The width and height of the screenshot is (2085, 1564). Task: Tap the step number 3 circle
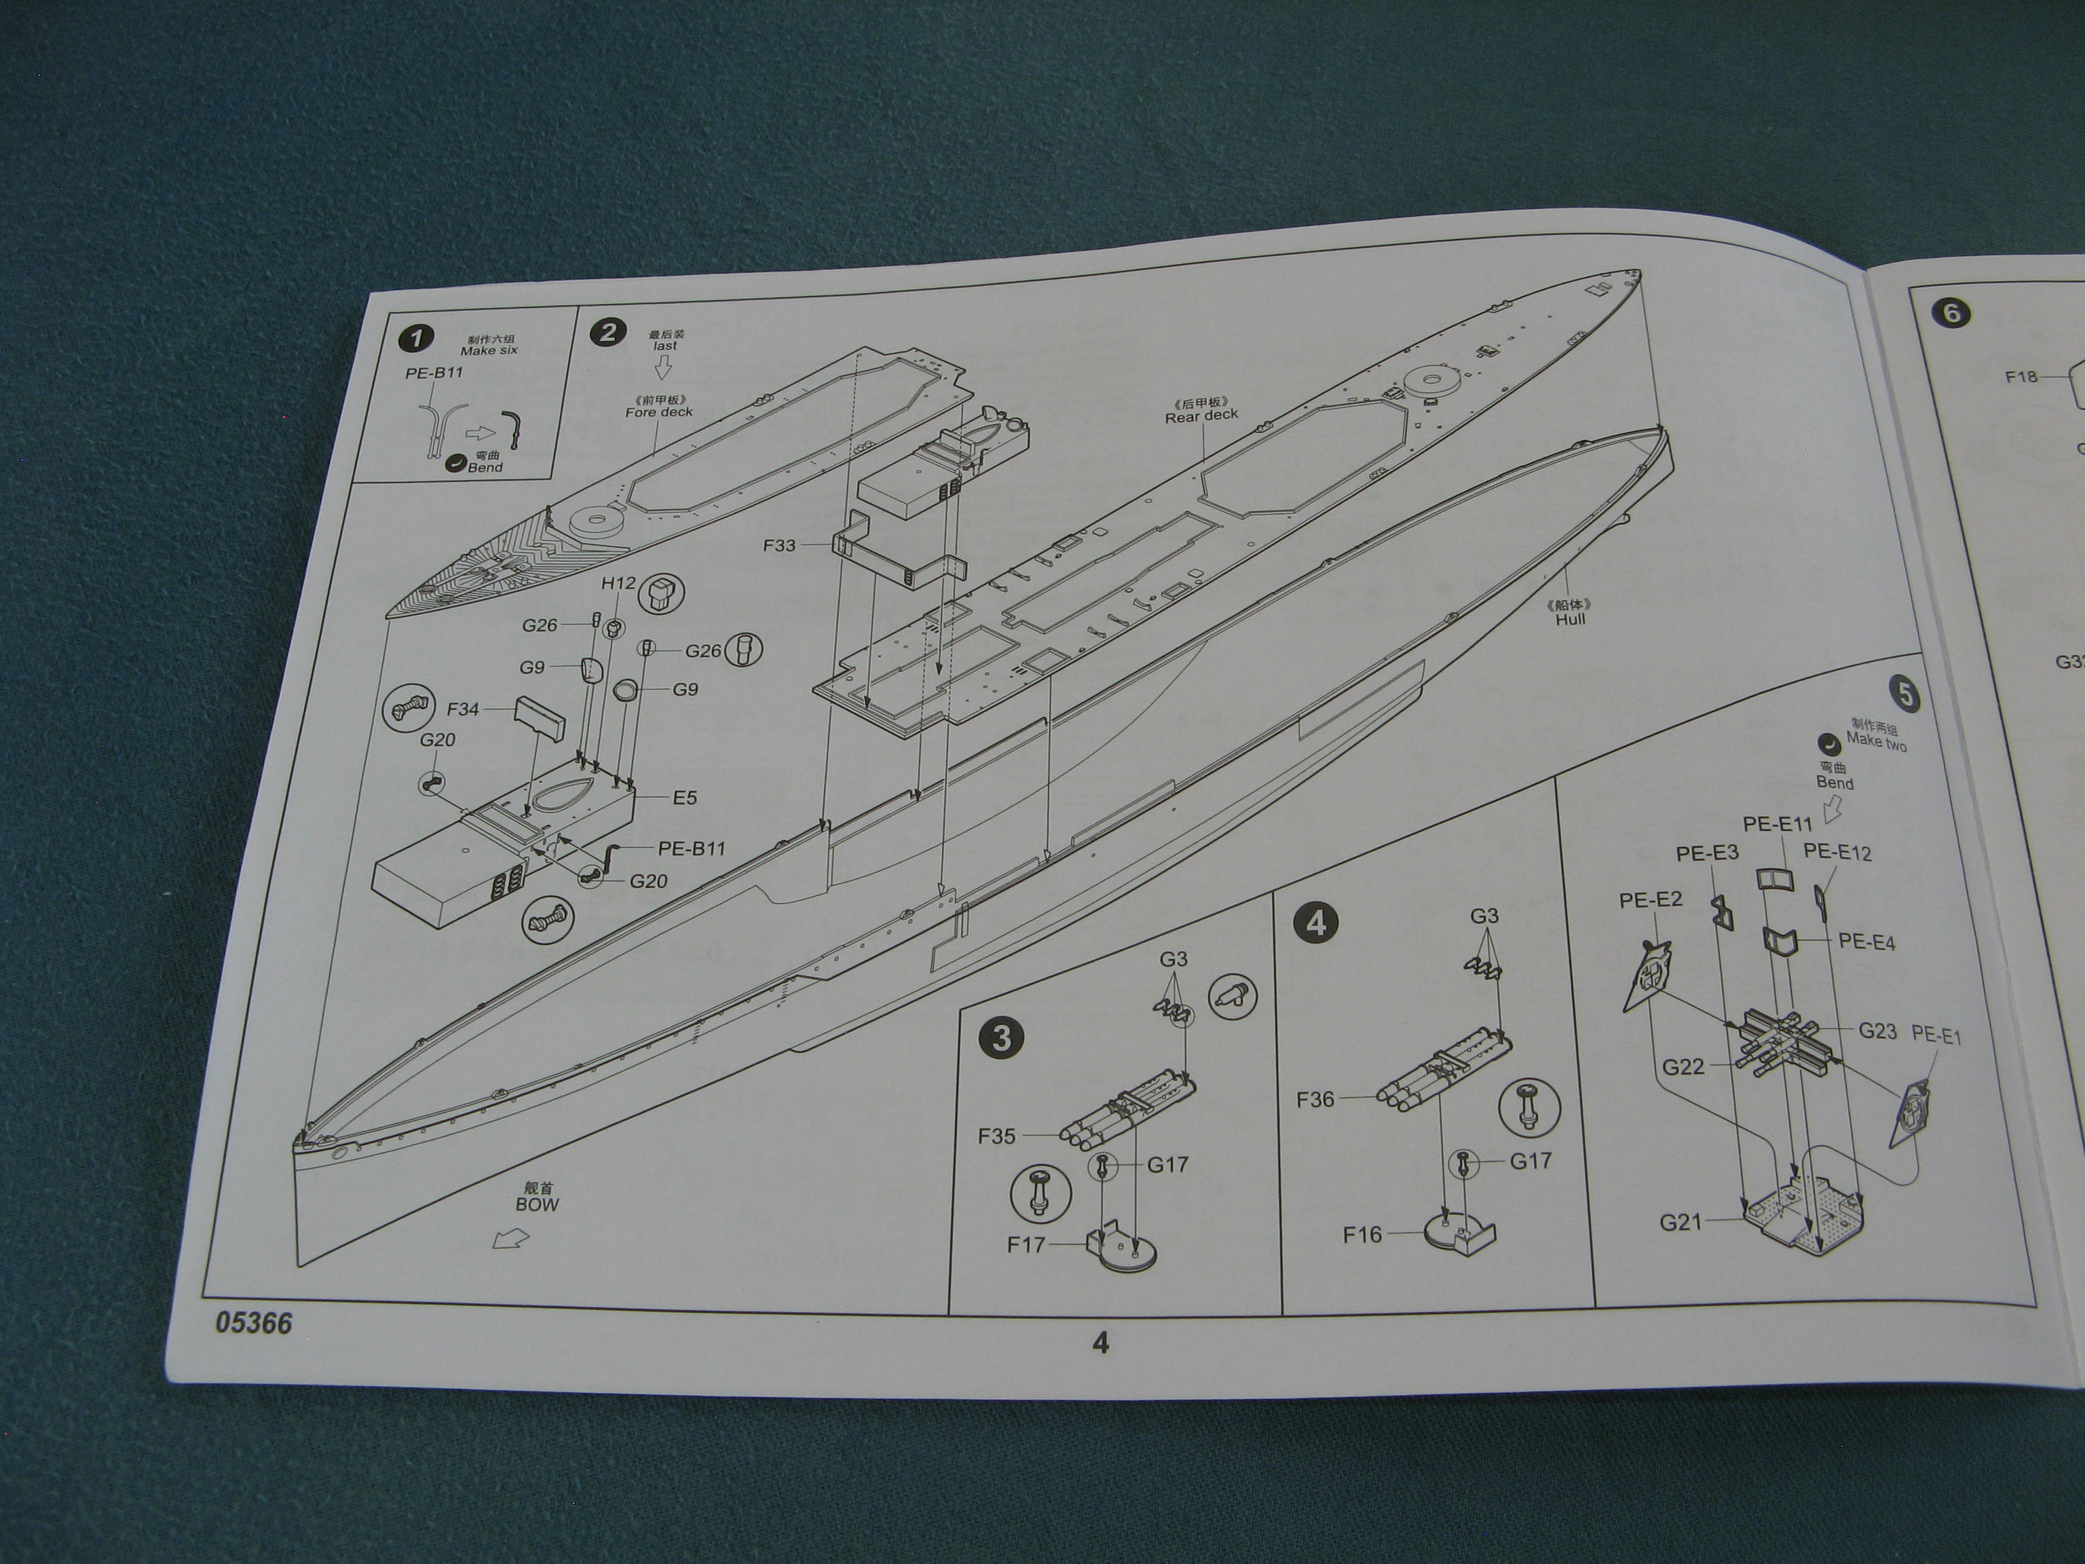1001,1039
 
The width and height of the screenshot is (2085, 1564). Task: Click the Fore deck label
659,412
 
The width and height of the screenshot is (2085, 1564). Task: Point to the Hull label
1571,619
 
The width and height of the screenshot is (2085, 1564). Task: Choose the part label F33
780,545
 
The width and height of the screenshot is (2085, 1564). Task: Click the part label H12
618,584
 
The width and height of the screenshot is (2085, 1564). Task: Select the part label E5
684,798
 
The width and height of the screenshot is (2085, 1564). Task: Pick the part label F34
463,708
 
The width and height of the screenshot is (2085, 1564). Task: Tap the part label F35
996,1136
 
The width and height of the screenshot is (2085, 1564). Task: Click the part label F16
1362,1234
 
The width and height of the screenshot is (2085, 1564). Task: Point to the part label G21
1680,1223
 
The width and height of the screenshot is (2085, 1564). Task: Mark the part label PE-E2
1651,900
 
